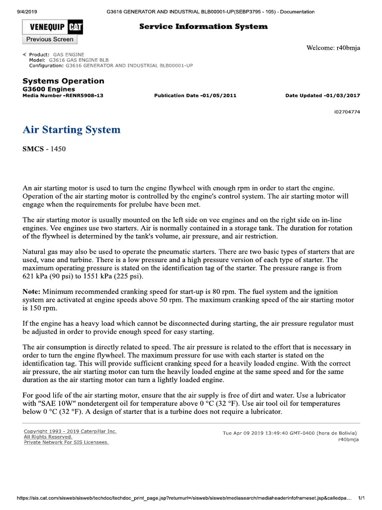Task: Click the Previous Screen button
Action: (50, 39)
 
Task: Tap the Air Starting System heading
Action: (72, 130)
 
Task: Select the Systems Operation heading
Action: (64, 81)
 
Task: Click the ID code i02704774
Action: (347, 112)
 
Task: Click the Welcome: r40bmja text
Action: (333, 48)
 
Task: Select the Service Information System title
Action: (203, 26)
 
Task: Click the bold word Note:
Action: (32, 291)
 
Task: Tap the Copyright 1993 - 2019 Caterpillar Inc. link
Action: (70, 431)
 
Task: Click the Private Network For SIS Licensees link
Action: (66, 442)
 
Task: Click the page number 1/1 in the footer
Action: (362, 499)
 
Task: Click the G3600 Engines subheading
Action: (49, 89)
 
